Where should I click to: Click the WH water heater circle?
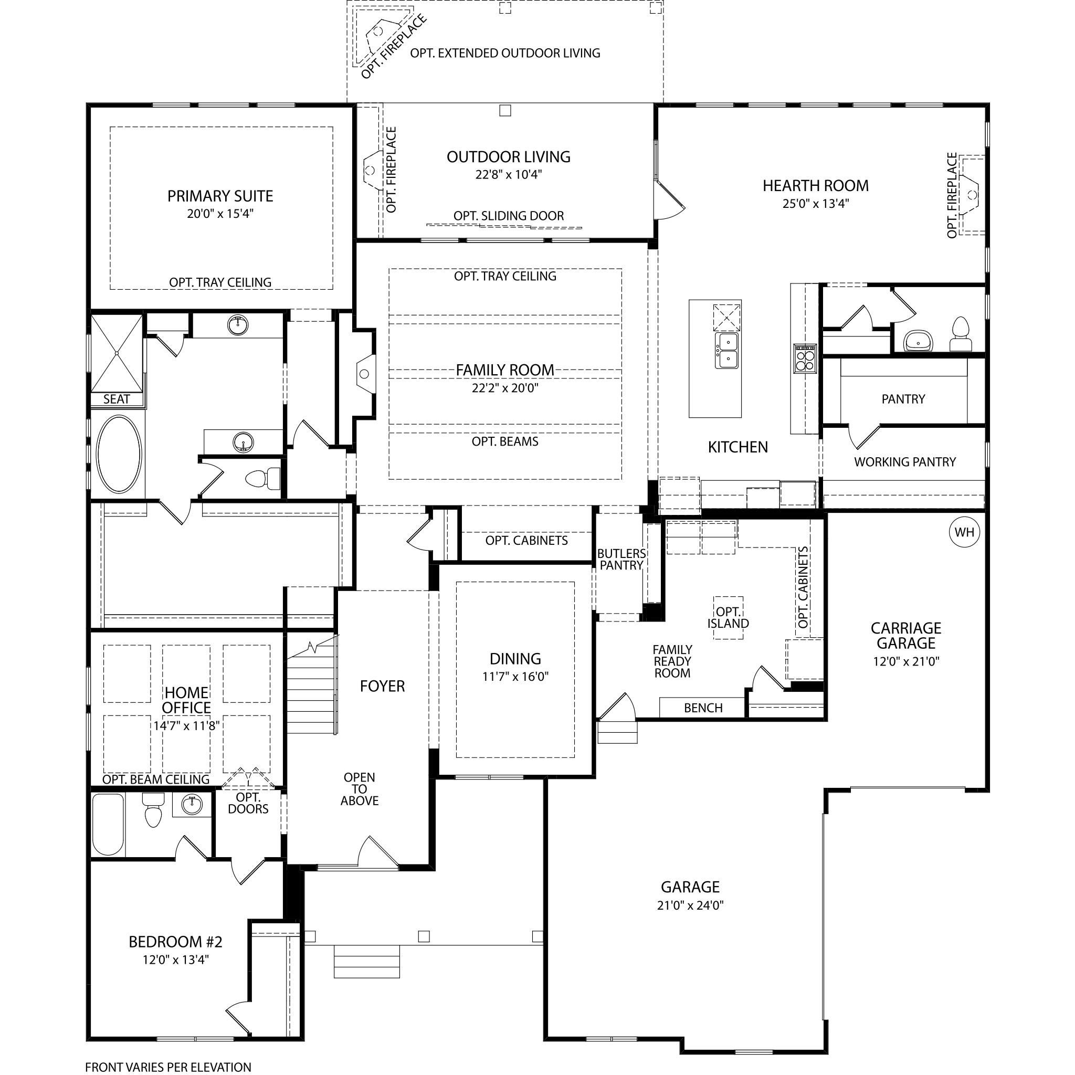pyautogui.click(x=964, y=532)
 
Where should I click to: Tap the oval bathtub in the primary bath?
pyautogui.click(x=119, y=454)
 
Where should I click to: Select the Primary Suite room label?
pyautogui.click(x=220, y=196)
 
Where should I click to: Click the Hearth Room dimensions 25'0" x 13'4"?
pyautogui.click(x=816, y=204)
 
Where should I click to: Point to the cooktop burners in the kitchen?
pyautogui.click(x=805, y=358)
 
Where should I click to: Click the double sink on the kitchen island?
pyautogui.click(x=726, y=350)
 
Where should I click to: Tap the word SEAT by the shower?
pyautogui.click(x=117, y=399)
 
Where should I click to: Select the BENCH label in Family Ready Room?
pyautogui.click(x=703, y=708)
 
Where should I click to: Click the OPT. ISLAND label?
pyautogui.click(x=729, y=618)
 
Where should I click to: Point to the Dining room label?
pyautogui.click(x=515, y=659)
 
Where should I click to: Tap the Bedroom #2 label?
pyautogui.click(x=175, y=942)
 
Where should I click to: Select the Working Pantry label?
pyautogui.click(x=905, y=462)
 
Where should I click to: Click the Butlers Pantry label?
pyautogui.click(x=621, y=559)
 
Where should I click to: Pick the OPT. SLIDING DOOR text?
pyautogui.click(x=509, y=216)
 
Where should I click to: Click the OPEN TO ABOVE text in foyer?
pyautogui.click(x=360, y=789)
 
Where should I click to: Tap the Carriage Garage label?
pyautogui.click(x=906, y=636)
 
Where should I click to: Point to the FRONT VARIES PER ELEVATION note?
pyautogui.click(x=168, y=1067)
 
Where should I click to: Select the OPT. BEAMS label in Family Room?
pyautogui.click(x=505, y=442)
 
